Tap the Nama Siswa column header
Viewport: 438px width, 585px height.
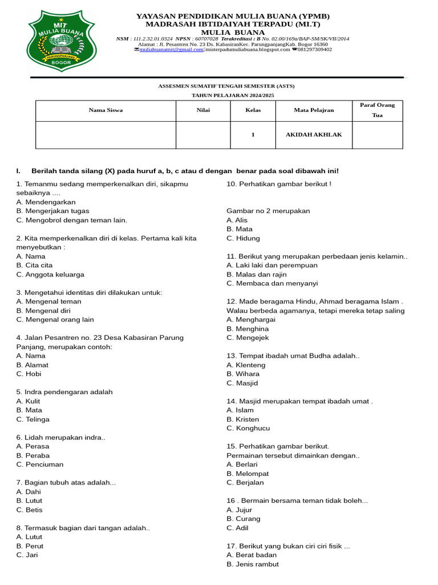106,110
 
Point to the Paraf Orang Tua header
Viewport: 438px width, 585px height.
377,110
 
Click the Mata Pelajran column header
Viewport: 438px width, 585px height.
314,110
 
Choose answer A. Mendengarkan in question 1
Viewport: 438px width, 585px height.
46,202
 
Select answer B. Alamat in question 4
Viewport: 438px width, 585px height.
33,365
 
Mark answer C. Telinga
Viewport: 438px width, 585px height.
33,419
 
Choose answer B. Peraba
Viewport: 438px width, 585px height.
33,456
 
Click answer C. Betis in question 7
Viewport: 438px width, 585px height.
30,510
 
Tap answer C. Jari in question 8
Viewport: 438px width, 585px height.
27,555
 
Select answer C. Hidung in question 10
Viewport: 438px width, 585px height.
243,238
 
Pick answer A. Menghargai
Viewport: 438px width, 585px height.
251,320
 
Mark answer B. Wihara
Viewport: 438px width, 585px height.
243,374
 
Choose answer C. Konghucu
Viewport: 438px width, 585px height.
248,428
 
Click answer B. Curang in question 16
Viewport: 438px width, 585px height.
244,519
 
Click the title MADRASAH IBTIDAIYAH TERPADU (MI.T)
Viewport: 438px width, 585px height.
233,25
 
